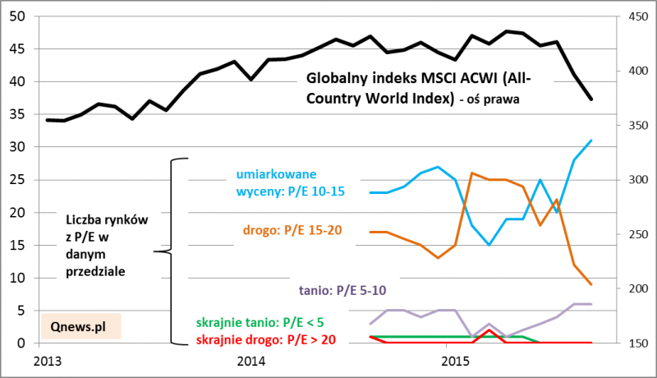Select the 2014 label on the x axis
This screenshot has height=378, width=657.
tap(250, 362)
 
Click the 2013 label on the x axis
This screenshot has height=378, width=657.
tap(48, 362)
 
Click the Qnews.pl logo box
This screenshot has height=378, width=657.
tap(80, 325)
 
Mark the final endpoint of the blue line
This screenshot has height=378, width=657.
tap(591, 141)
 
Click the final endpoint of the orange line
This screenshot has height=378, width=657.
tap(591, 284)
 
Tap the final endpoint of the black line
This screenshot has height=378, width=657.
tap(591, 99)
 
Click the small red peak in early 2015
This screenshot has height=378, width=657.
tap(489, 330)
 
